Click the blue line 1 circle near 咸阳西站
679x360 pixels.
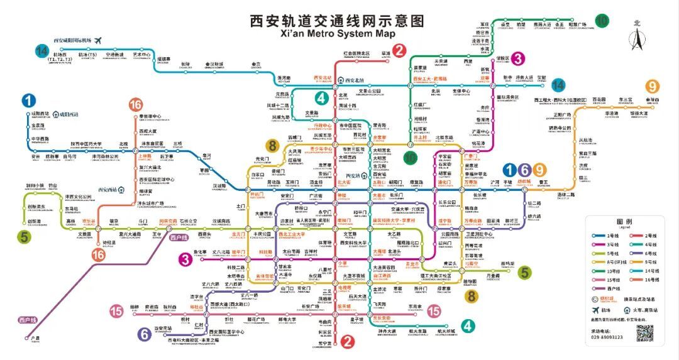29,101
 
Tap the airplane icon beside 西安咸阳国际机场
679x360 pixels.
97,40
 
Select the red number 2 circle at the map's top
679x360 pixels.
400,51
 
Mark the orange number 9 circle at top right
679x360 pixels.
653,87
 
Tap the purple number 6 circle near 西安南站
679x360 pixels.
145,334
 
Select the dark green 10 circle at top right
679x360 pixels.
602,20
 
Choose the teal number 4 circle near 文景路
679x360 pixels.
321,98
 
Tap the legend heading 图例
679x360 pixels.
624,222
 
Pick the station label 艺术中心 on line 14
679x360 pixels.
142,55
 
